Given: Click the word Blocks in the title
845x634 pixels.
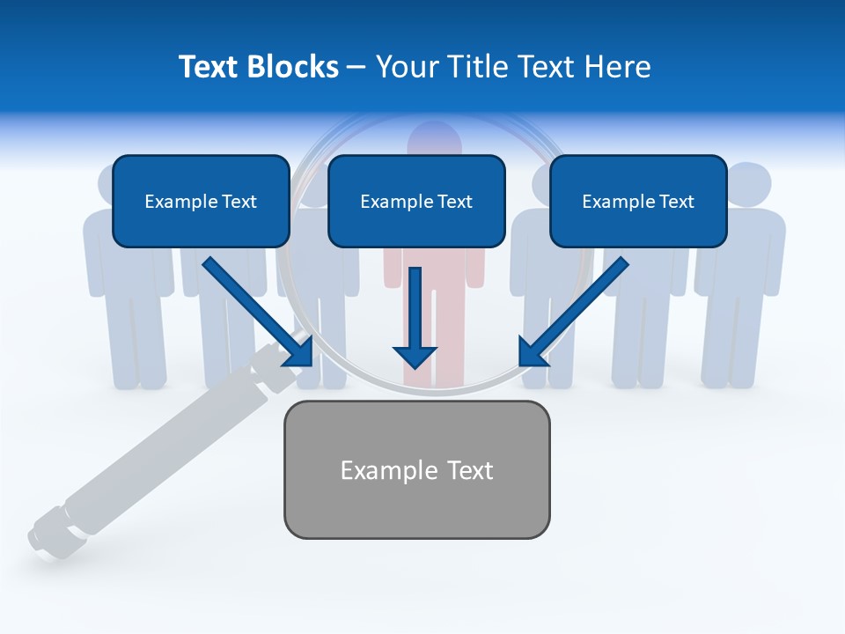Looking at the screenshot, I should (x=294, y=67).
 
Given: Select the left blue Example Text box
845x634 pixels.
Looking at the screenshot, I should (x=201, y=201).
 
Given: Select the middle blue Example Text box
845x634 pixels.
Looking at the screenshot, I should (x=416, y=201).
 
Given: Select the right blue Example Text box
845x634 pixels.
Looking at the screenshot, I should (x=638, y=201).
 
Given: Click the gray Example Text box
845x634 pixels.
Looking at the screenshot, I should (x=416, y=469).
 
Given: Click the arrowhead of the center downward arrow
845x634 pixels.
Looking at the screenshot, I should (x=415, y=356).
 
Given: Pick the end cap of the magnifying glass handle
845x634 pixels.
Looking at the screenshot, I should (x=44, y=536).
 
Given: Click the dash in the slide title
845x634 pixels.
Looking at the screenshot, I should (x=356, y=67).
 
